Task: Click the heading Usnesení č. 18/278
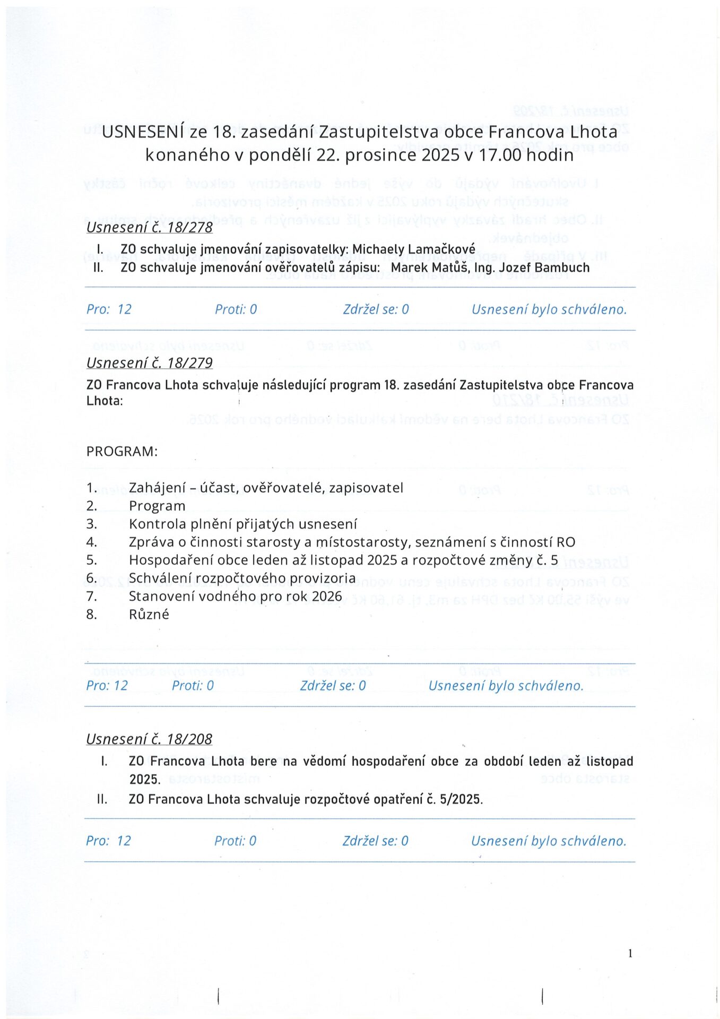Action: coord(149,227)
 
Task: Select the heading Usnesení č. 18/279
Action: coord(149,363)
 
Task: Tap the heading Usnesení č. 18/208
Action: coord(149,739)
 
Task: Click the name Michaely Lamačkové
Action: coord(414,249)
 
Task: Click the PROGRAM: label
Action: coord(122,452)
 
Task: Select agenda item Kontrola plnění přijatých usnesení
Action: coord(243,524)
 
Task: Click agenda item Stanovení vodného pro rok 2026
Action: coord(235,597)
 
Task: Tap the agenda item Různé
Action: coord(149,615)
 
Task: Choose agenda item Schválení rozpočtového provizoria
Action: coord(242,578)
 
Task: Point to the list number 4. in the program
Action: coord(92,542)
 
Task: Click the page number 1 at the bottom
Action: coord(630,954)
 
